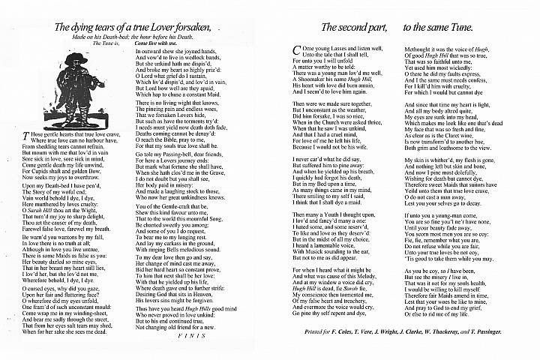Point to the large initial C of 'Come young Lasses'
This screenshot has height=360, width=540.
(293, 49)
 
